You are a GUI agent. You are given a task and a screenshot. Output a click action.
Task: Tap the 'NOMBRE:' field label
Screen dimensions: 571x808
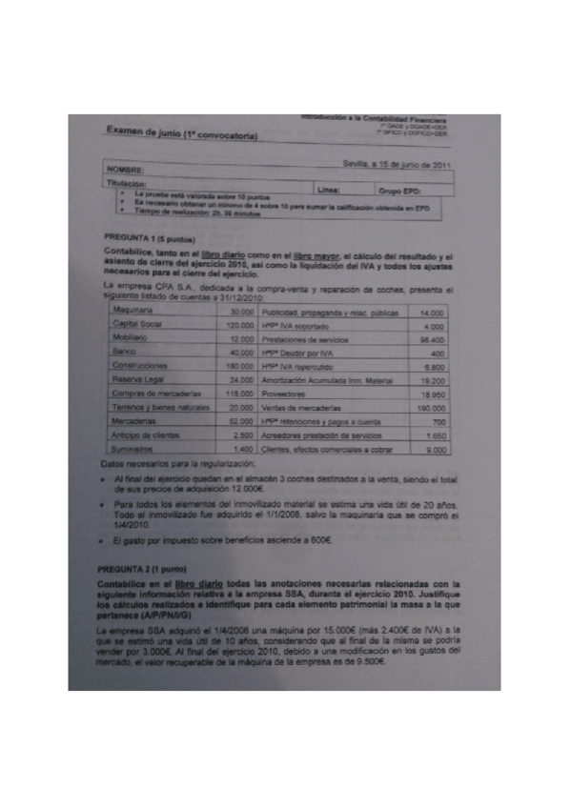(x=132, y=172)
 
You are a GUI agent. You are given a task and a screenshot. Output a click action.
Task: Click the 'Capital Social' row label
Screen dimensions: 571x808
(x=135, y=325)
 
